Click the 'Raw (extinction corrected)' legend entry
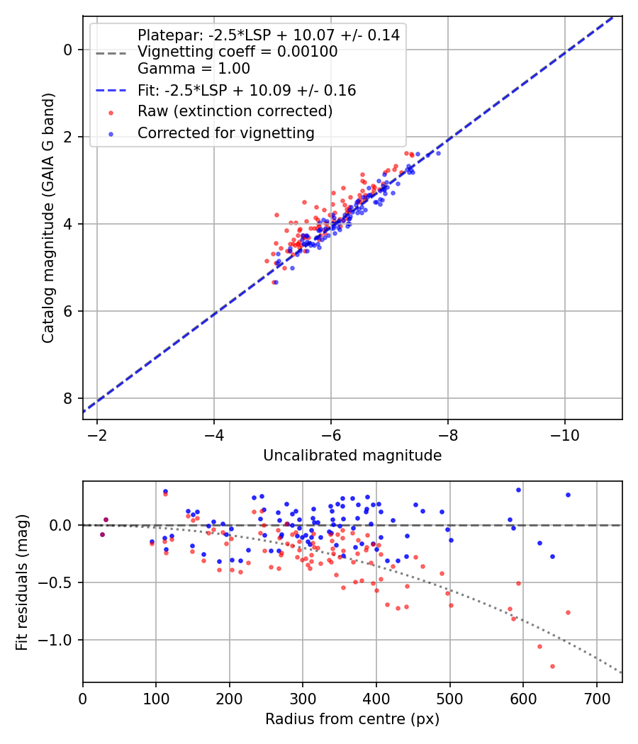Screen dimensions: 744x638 (x=235, y=111)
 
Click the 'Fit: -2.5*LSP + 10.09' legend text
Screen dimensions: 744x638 (x=247, y=91)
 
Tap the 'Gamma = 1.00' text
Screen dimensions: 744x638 (x=194, y=69)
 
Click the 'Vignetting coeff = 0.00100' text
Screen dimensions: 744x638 (x=237, y=52)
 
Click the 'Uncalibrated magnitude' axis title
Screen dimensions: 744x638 (x=352, y=456)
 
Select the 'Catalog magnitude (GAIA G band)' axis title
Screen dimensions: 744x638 (x=47, y=217)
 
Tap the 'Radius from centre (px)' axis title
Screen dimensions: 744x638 (x=352, y=719)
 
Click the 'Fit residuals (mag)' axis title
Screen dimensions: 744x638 (x=22, y=582)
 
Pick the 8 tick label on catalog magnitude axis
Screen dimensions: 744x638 (x=69, y=398)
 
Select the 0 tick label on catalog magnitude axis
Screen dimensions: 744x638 (x=69, y=50)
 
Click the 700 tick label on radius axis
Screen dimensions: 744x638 (x=596, y=697)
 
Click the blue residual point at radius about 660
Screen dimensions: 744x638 (x=568, y=495)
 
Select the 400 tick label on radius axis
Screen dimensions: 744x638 (x=376, y=697)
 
